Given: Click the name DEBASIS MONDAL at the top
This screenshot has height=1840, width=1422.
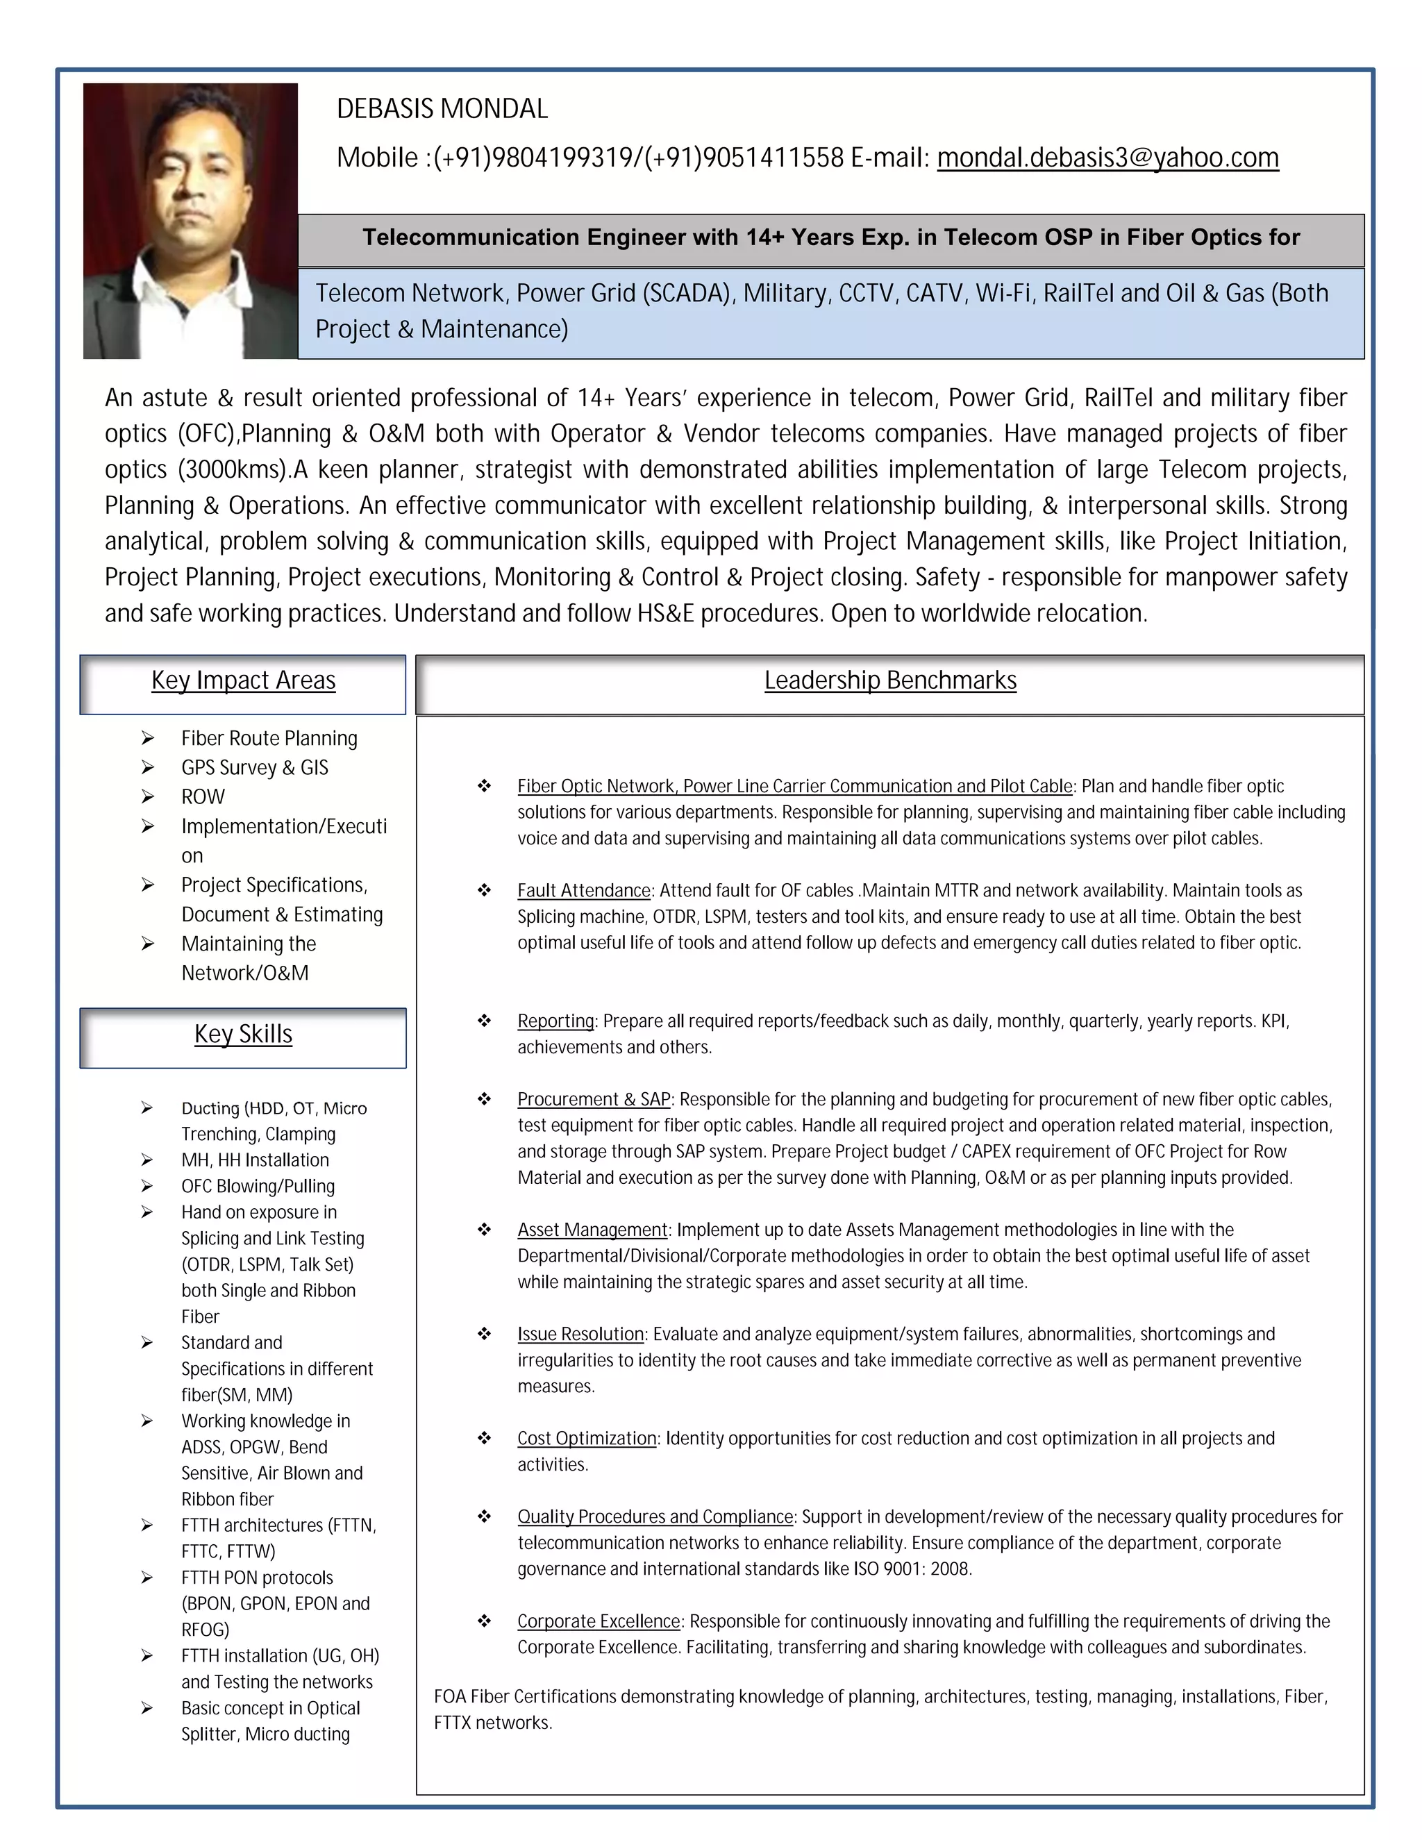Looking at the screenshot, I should click(442, 109).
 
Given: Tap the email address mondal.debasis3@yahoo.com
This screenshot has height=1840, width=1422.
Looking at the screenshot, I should click(1107, 158).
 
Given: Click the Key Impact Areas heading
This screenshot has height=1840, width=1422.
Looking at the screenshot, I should click(244, 680).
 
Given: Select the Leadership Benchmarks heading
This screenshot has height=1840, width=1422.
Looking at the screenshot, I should click(889, 680).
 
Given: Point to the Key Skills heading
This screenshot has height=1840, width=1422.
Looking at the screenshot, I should click(244, 1034).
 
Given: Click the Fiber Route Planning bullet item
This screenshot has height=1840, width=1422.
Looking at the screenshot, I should click(269, 738).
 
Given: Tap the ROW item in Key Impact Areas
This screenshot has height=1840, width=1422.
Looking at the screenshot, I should click(203, 796).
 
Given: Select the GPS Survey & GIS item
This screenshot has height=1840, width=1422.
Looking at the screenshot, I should click(254, 767).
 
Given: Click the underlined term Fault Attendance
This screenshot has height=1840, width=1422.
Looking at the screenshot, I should click(584, 891).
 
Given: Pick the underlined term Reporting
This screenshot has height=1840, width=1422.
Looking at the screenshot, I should click(556, 1021).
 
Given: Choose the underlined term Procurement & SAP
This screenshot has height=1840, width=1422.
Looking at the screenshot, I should click(594, 1099).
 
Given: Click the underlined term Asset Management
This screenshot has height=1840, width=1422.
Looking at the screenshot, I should click(592, 1230).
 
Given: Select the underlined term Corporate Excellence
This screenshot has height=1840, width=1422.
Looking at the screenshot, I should click(598, 1621).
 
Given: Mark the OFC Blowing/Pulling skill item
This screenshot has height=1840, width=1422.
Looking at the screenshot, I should click(258, 1186).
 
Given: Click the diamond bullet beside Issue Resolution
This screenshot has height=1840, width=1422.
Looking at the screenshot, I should click(485, 1334).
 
